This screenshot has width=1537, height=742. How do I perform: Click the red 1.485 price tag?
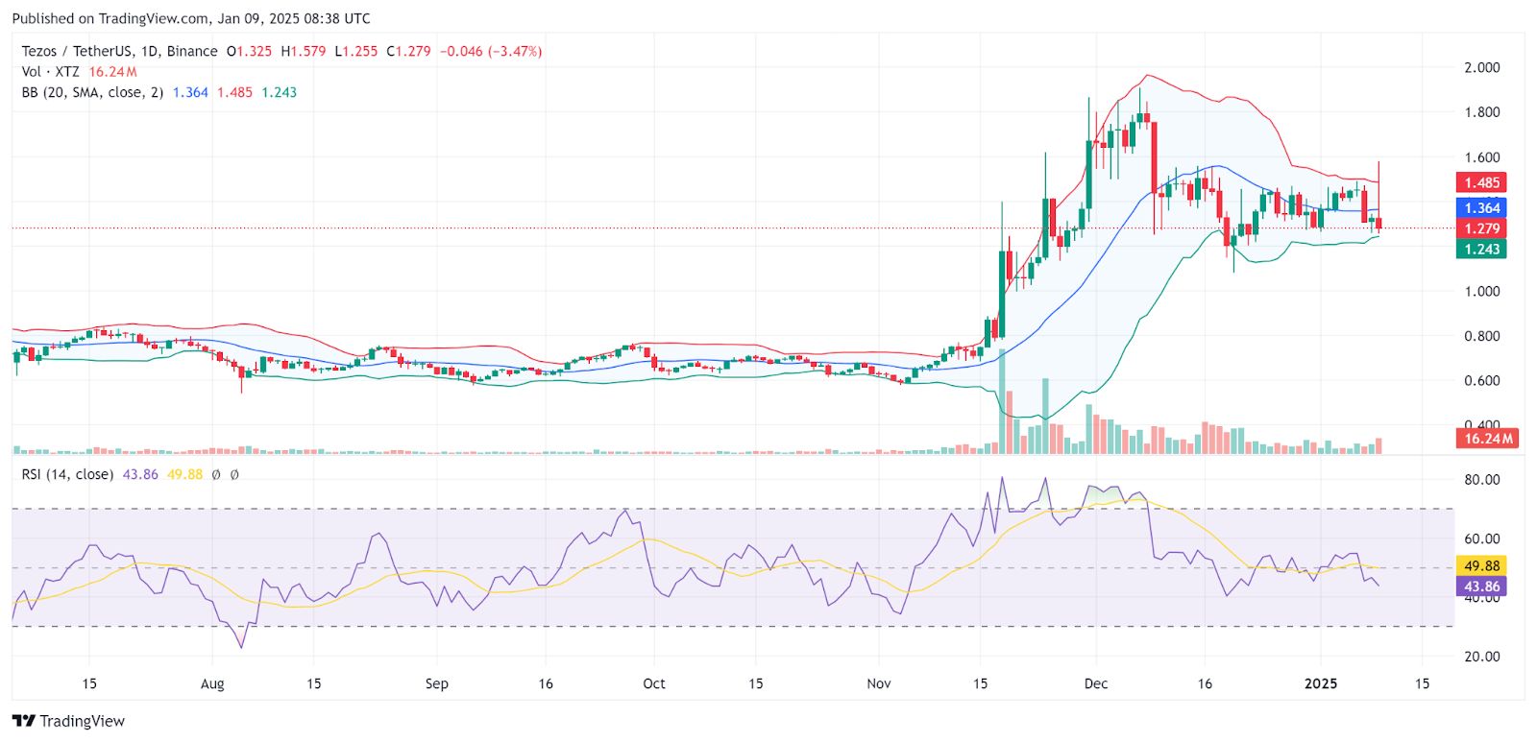(1481, 182)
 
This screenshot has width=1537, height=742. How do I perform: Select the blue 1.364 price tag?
(1481, 207)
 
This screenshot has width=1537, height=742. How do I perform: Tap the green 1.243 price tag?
(1481, 249)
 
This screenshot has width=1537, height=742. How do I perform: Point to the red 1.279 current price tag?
(1481, 228)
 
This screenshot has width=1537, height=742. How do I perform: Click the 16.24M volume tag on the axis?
(1487, 439)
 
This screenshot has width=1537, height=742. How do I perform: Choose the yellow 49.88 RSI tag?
(1481, 565)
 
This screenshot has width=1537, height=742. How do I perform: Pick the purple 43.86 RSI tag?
(1481, 586)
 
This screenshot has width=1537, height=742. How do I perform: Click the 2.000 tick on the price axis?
(1481, 67)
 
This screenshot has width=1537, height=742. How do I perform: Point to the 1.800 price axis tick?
(1481, 112)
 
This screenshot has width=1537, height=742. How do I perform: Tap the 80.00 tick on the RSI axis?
(1481, 480)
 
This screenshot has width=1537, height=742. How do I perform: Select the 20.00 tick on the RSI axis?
(1481, 657)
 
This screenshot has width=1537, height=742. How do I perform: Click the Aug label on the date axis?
(212, 683)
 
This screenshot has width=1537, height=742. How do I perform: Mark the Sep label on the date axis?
(436, 683)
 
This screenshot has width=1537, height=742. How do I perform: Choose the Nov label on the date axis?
(878, 683)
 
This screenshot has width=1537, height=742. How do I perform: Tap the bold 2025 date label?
(1321, 683)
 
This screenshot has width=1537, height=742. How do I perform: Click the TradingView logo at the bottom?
(68, 721)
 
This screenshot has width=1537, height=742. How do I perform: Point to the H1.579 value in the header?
(303, 51)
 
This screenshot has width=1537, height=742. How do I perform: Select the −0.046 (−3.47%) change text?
(490, 51)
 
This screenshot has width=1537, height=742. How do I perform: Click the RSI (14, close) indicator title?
(67, 474)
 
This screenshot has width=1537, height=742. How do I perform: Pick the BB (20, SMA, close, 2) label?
(92, 92)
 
